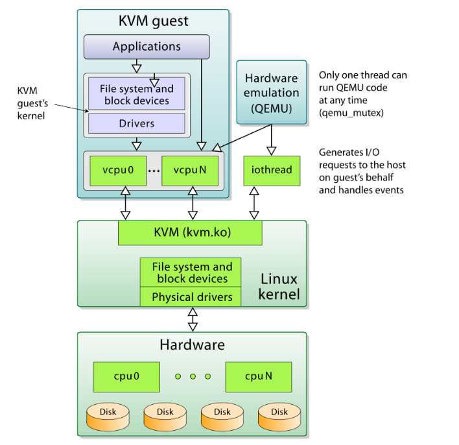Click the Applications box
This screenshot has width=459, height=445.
147,47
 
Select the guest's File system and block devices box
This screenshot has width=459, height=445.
136,94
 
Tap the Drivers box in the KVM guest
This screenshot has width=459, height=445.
136,123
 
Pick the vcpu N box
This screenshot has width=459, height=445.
189,170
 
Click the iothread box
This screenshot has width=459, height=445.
271,170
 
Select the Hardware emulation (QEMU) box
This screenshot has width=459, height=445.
271,92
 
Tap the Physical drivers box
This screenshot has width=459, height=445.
191,297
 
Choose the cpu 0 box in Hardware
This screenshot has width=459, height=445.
127,376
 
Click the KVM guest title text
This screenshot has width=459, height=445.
153,21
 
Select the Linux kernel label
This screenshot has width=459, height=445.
279,287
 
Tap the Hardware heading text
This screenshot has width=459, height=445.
192,344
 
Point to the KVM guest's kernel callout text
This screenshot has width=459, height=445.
31,102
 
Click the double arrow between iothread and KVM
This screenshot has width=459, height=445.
253,202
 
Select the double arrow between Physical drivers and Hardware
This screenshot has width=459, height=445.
192,319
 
